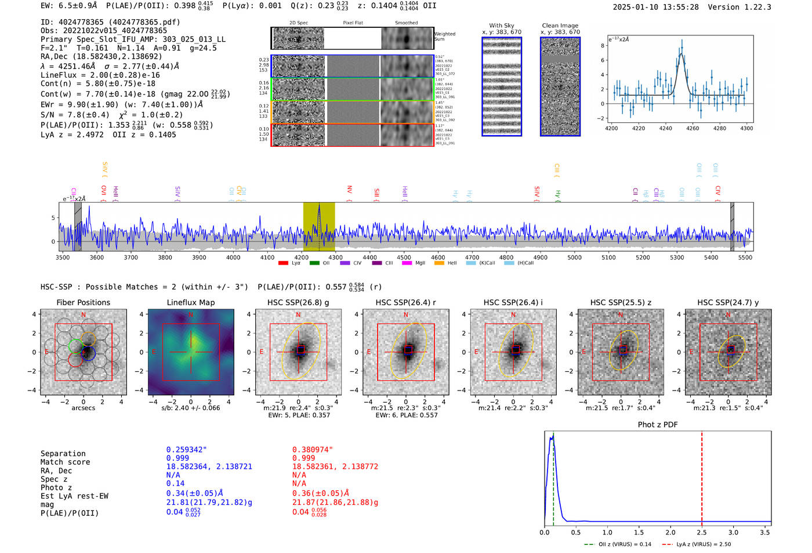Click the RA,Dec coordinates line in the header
pos(101,56)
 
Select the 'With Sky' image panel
pos(502,86)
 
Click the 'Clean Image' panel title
pos(560,26)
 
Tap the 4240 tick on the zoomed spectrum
pos(665,128)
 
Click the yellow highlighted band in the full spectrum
pos(319,226)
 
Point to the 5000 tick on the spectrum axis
pos(574,258)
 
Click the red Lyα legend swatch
pos(284,263)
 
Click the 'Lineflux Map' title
pos(191,302)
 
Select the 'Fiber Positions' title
pos(84,302)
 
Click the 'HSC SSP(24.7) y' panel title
pos(728,302)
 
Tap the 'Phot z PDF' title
pos(658,425)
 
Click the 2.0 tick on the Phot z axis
pos(670,532)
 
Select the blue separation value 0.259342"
pos(186,450)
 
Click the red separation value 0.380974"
pos(312,450)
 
